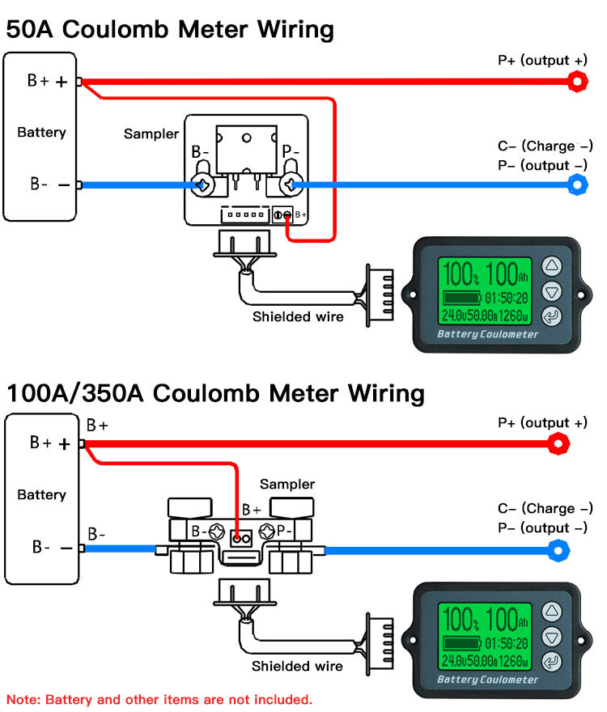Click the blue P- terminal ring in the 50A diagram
coord(577,185)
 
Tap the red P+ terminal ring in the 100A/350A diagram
coord(558,443)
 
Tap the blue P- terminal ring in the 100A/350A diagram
coord(558,552)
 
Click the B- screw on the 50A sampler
coord(202,185)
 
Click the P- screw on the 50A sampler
coord(289,185)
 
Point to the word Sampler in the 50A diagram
coord(151,133)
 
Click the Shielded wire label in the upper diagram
coord(298,316)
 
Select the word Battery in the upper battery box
coord(41,132)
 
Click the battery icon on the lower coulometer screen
coord(461,643)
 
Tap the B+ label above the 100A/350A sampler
coord(251,511)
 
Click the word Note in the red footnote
coord(23,698)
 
